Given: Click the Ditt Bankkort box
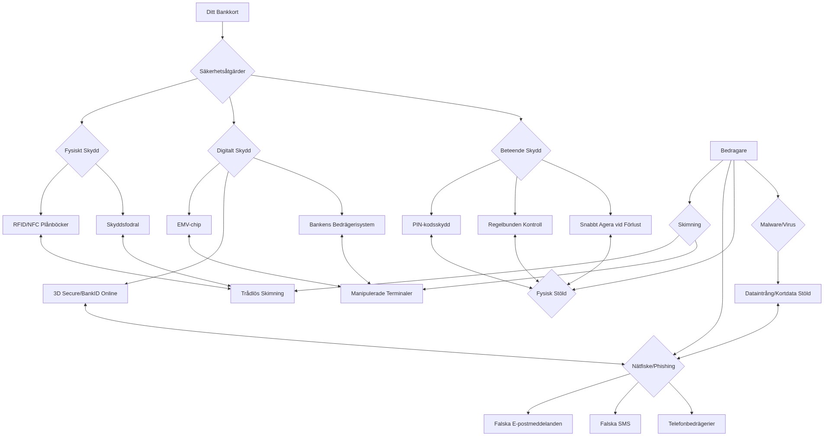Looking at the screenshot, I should click(222, 12).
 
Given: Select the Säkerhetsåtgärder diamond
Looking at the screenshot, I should click(222, 71).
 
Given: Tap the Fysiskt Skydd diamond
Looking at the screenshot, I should click(82, 151).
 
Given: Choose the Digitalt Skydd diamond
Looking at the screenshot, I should click(234, 151).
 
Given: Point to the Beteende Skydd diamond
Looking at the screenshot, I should click(521, 151).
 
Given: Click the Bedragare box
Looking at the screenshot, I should click(733, 151).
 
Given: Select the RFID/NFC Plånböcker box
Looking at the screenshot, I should click(41, 225).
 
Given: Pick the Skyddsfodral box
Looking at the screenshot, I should click(123, 225).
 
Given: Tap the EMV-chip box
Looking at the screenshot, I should click(189, 225).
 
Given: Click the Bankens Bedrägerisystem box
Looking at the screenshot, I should click(341, 225).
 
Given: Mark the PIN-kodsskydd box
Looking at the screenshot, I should click(431, 225).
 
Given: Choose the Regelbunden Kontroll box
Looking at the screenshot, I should click(515, 225).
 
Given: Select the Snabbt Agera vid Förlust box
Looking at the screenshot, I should click(610, 225).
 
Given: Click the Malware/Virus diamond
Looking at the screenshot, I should click(778, 225).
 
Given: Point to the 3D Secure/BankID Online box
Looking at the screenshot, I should click(85, 294).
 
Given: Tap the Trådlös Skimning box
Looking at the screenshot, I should click(262, 294).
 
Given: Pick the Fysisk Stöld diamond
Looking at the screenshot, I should click(551, 294).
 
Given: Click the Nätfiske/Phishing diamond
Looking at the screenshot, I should click(653, 366).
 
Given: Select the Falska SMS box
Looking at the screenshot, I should click(615, 424).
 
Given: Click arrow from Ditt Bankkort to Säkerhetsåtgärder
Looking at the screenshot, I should click(222, 30).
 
